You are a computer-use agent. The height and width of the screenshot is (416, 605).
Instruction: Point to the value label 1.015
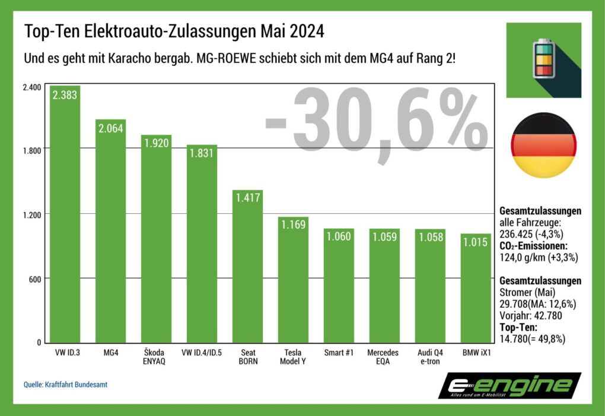(476, 242)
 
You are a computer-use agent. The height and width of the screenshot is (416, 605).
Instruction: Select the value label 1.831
(202, 153)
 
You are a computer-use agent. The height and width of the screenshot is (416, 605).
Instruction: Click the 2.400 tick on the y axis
(31, 87)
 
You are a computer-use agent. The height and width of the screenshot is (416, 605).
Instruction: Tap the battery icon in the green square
(543, 59)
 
